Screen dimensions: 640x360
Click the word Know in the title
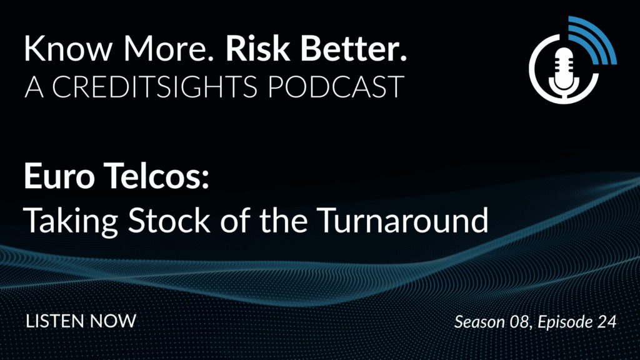click(68, 48)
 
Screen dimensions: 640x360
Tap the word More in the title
click(169, 48)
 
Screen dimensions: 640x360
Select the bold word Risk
click(257, 48)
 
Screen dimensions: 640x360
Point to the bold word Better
click(354, 48)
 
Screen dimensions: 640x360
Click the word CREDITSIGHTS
click(155, 87)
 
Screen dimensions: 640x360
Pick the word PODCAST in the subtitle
click(336, 87)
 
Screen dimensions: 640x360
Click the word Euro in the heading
click(59, 176)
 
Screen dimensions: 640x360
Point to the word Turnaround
click(403, 220)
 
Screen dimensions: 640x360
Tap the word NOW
click(113, 321)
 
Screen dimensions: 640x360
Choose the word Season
click(479, 322)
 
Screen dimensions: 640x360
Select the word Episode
click(565, 322)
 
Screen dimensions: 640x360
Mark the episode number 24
click(607, 322)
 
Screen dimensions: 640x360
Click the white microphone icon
click(564, 72)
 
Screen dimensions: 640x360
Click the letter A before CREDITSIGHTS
click(34, 87)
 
